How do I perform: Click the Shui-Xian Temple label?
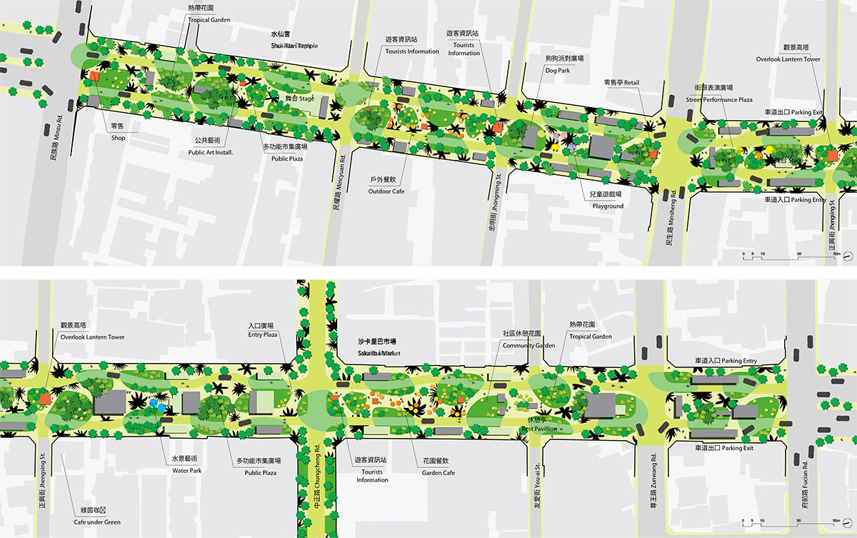tap(293, 46)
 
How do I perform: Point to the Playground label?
tap(608, 206)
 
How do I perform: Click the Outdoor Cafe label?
tap(386, 191)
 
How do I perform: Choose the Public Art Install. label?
tap(211, 152)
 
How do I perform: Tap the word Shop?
tap(118, 139)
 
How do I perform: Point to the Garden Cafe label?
tap(438, 473)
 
